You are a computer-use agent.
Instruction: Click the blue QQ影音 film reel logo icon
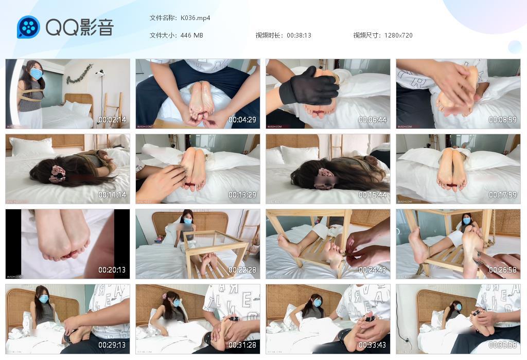coord(28,27)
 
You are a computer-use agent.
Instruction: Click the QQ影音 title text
coord(80,27)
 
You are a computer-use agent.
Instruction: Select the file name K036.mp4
coord(195,18)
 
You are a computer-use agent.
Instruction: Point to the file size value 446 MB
coord(192,35)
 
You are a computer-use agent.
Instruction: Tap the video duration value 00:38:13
coord(299,35)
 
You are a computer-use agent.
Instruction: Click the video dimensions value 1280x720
coord(398,35)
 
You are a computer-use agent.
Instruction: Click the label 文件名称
coord(162,18)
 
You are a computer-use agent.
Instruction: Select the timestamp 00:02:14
coord(112,120)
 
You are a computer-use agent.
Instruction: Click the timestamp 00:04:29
coord(242,120)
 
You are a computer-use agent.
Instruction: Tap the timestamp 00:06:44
coord(373,120)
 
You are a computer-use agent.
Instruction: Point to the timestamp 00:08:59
coord(503,120)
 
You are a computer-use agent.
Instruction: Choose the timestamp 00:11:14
coord(112,195)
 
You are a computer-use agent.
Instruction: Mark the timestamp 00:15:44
coord(373,195)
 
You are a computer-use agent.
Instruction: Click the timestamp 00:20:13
coord(112,270)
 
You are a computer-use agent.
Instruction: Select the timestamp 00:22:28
coord(242,270)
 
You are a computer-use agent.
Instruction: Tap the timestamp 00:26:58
coord(503,270)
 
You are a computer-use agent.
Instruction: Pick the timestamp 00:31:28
coord(242,345)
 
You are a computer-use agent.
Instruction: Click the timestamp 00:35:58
coord(503,345)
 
